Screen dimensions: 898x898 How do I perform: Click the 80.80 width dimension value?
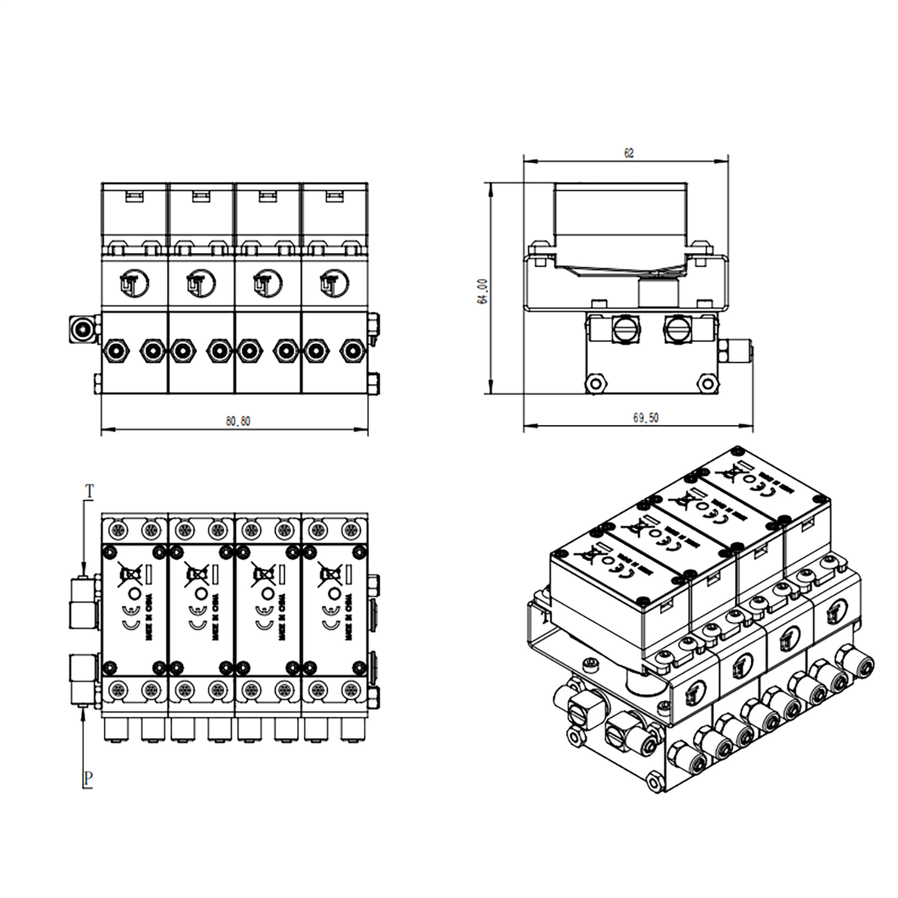coord(238,421)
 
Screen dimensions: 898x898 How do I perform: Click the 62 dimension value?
coord(629,153)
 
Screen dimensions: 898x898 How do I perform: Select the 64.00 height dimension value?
coord(483,291)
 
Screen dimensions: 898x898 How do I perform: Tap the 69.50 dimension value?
coord(646,418)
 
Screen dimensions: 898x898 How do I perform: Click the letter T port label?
coord(89,492)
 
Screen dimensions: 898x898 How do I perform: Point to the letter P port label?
coord(88,777)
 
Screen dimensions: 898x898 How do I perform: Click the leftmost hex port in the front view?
coord(116,351)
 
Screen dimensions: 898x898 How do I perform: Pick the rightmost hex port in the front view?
coord(353,351)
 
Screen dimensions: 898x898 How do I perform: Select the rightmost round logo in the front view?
coord(334,284)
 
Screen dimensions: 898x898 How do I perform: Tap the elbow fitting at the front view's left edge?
coord(83,329)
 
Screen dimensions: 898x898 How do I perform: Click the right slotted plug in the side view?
coord(676,328)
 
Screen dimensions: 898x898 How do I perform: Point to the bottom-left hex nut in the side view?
coord(595,383)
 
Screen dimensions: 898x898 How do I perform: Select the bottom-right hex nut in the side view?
coord(707,383)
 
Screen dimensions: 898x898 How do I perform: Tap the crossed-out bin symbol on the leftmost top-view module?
coord(130,575)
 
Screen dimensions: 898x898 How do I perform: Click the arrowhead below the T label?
coord(83,570)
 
